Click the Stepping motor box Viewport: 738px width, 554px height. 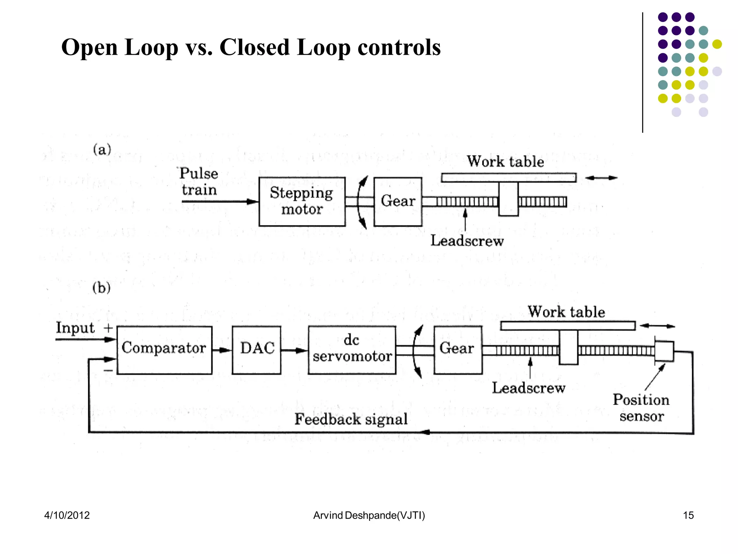(x=302, y=201)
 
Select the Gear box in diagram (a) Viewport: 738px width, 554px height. (x=398, y=201)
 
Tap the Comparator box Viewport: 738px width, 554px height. (x=164, y=349)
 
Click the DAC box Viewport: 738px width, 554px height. (x=257, y=349)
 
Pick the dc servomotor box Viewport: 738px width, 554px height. (x=352, y=349)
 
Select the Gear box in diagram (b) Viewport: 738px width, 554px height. (x=458, y=349)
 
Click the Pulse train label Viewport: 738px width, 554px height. (x=199, y=181)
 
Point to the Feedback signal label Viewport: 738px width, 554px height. (x=351, y=419)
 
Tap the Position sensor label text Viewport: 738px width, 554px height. (x=641, y=408)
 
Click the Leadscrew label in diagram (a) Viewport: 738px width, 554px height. (x=467, y=241)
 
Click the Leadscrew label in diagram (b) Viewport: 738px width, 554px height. (x=529, y=388)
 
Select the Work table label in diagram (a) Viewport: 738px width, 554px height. (x=506, y=161)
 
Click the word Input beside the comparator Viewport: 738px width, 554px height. (x=75, y=328)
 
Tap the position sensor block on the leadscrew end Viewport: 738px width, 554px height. (x=664, y=351)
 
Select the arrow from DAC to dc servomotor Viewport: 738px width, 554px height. (x=294, y=350)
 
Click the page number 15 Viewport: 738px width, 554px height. (x=688, y=515)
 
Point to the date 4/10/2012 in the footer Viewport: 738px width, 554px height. (x=67, y=515)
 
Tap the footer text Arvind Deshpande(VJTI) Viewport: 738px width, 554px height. (x=369, y=515)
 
